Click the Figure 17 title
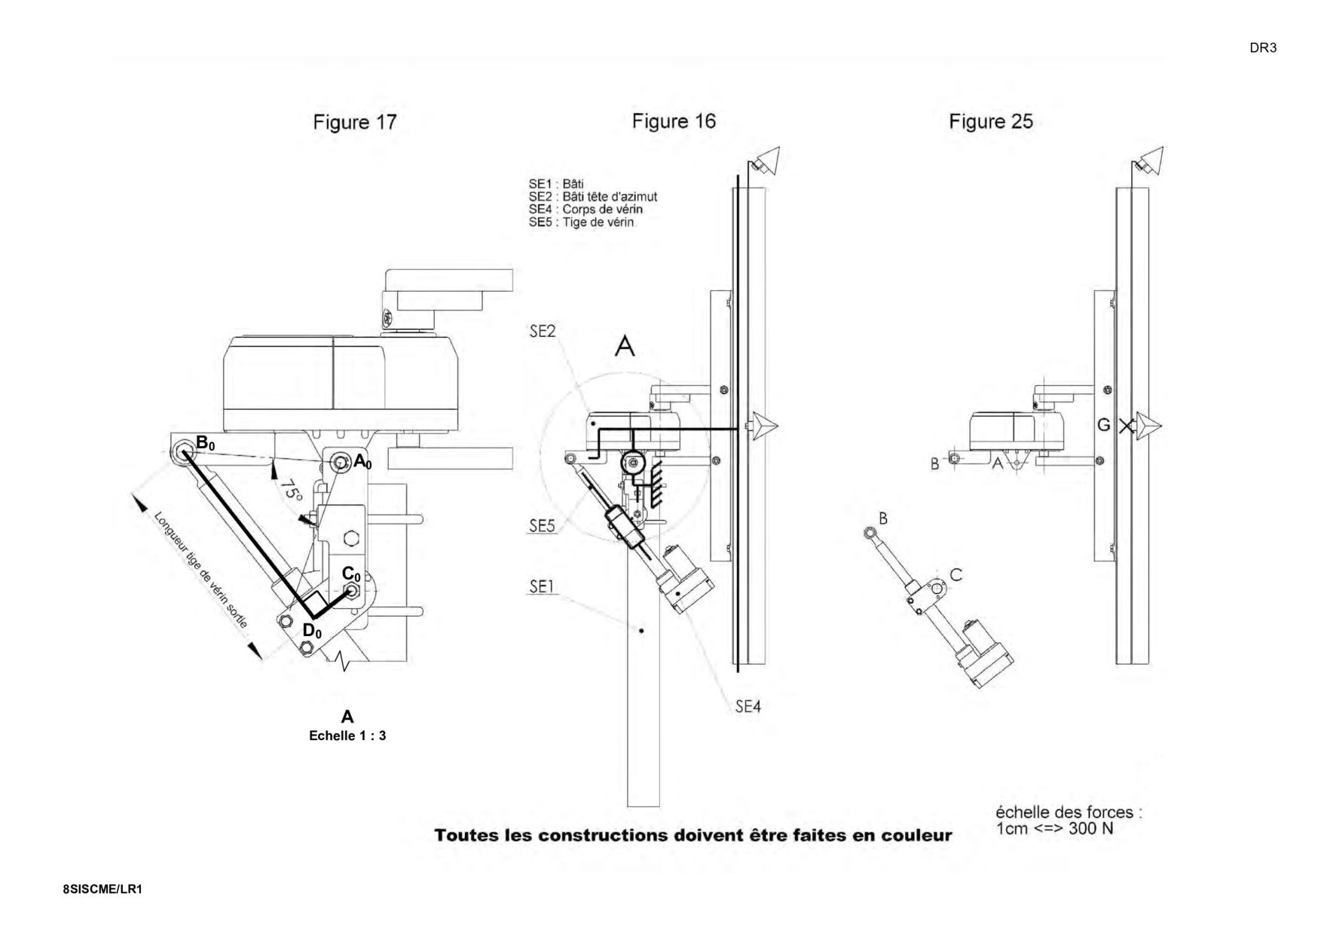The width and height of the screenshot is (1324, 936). click(x=354, y=122)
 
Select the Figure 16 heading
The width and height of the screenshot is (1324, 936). click(x=673, y=121)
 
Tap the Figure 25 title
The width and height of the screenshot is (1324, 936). click(x=990, y=121)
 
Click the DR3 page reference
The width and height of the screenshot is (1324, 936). click(x=1263, y=48)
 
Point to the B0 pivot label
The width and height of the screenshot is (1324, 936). click(x=205, y=443)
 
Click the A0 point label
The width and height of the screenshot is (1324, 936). click(x=362, y=462)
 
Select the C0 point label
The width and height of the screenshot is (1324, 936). click(x=351, y=574)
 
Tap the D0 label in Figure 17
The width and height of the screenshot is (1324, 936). click(x=312, y=631)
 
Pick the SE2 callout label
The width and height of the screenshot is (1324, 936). click(x=542, y=331)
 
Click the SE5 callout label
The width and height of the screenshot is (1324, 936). click(x=542, y=526)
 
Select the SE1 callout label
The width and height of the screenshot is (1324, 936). click(x=542, y=586)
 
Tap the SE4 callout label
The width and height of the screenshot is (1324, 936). click(x=748, y=707)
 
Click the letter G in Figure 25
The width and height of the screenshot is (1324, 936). click(x=1103, y=425)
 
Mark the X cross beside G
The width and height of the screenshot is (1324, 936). click(x=1127, y=426)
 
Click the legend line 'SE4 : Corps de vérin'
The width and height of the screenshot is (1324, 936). click(x=586, y=210)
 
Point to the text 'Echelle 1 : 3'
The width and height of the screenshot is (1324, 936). click(x=347, y=736)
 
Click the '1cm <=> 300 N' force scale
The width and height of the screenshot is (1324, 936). click(x=1054, y=829)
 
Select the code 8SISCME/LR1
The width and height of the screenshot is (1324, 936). click(x=102, y=889)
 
